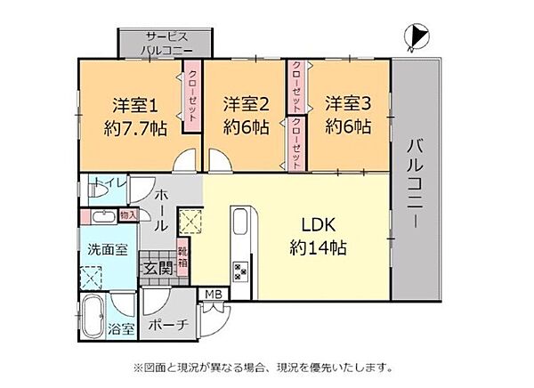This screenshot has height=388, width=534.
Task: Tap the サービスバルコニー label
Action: click(165, 44)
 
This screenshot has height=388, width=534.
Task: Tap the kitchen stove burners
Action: click(240, 270)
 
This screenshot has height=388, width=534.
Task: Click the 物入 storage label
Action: click(127, 214)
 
